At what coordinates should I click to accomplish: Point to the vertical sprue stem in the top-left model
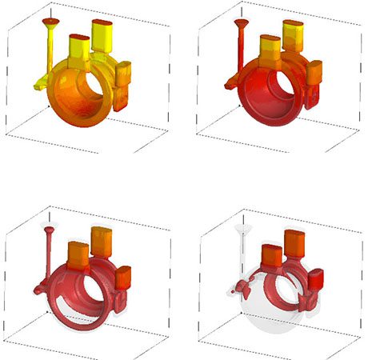pyautogui.click(x=50, y=48)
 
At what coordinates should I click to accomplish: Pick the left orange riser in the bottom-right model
pyautogui.click(x=270, y=255)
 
